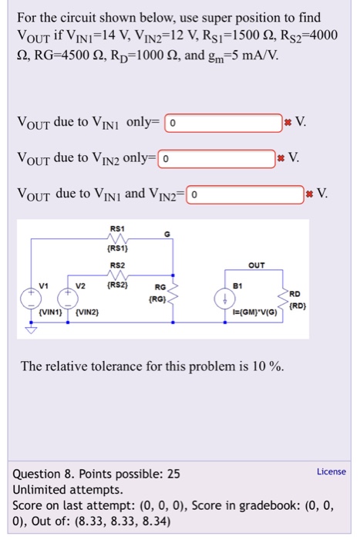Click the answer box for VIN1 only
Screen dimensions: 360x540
tap(224, 123)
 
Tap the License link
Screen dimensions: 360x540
tap(331, 471)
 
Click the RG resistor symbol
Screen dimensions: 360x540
tap(176, 296)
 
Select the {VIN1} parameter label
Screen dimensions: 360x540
tap(49, 315)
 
